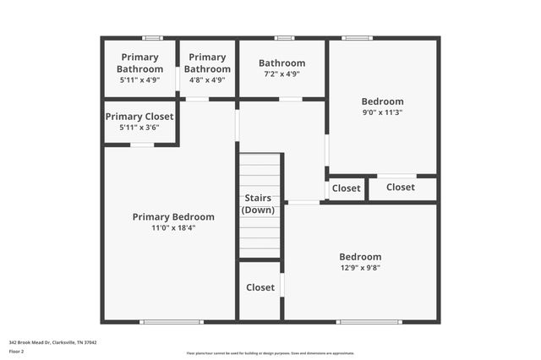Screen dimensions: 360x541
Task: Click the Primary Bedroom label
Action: pos(173,217)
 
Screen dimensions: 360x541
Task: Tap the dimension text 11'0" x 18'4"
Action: pos(173,228)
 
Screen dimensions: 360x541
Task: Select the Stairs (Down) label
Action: pos(258,204)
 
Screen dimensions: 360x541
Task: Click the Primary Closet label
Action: pos(139,117)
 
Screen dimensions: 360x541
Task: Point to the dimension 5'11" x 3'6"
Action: pos(139,128)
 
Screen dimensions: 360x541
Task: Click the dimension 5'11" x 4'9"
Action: pos(139,80)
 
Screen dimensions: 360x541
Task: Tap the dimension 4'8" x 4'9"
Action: pos(207,80)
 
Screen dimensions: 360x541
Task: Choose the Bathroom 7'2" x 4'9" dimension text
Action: pos(281,74)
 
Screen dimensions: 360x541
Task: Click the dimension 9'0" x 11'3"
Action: pos(382,112)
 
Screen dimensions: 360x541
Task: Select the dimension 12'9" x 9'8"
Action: pos(360,268)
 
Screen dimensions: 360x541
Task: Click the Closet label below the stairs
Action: pos(260,287)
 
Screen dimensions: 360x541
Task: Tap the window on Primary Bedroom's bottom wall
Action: pos(172,321)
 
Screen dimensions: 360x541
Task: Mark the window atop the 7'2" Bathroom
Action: pos(285,38)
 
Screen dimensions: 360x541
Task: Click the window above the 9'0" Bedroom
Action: pos(357,38)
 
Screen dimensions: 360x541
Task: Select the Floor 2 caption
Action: pos(16,352)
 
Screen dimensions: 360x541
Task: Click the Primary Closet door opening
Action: pos(142,145)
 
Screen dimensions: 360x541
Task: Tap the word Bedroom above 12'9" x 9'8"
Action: pos(360,257)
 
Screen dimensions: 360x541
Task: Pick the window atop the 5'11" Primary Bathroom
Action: pos(152,38)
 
